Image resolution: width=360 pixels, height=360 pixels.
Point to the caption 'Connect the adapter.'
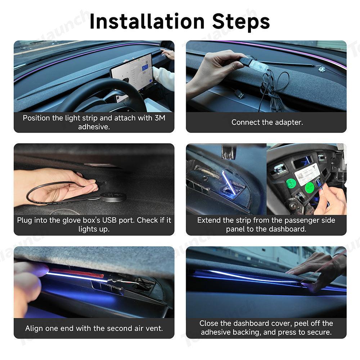click(x=267, y=122)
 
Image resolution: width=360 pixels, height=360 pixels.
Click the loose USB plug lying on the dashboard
click(x=239, y=94)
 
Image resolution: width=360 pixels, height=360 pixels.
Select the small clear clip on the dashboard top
click(x=321, y=69)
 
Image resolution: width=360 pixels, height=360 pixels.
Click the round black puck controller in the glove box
click(x=113, y=197)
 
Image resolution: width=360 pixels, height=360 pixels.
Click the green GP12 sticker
click(x=291, y=183)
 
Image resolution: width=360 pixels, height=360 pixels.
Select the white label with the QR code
click(x=307, y=174)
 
